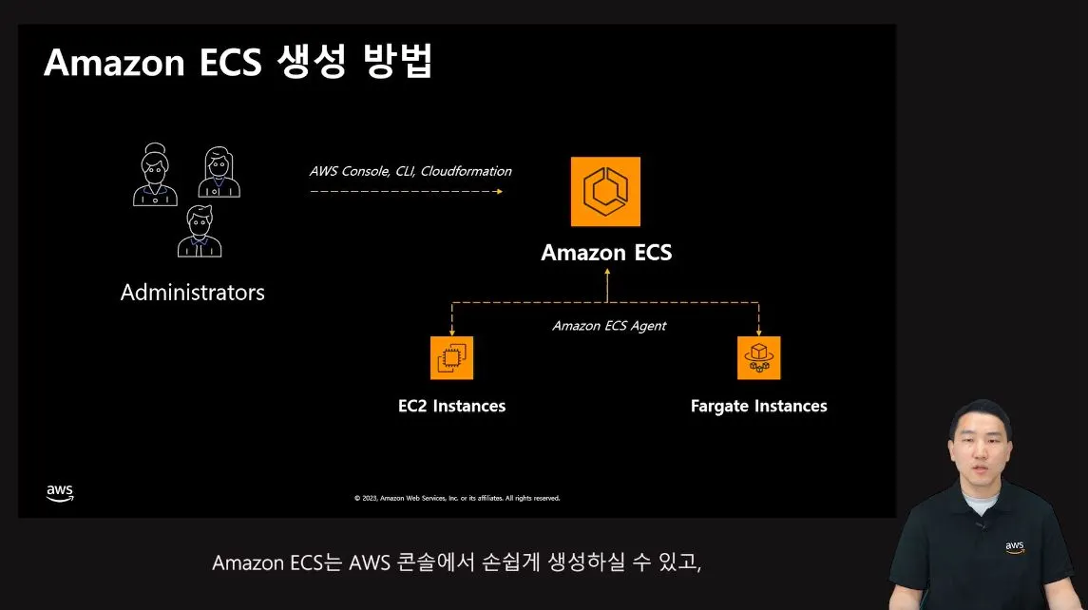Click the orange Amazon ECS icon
coord(605,192)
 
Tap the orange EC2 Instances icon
coord(451,357)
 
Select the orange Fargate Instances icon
coord(758,357)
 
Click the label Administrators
coord(193,293)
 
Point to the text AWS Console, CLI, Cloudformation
coord(410,172)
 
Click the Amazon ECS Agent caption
coord(609,326)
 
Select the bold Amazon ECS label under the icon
coord(606,253)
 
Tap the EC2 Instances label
coord(451,407)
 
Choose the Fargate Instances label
coord(758,407)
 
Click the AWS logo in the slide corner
coord(60,493)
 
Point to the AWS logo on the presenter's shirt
coord(1015,548)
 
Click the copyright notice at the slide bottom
coord(457,498)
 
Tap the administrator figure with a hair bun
coord(155,175)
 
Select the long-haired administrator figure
coord(219,172)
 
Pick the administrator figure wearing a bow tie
coord(200,231)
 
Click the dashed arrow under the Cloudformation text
coord(406,191)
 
